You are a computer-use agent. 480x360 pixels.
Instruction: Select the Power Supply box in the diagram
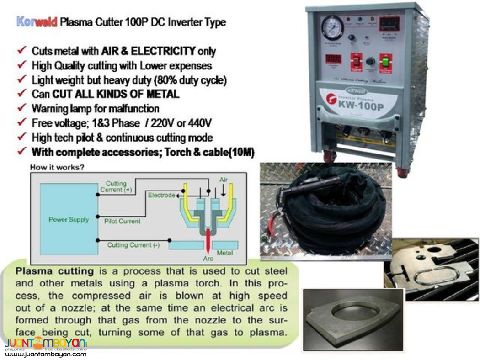69,219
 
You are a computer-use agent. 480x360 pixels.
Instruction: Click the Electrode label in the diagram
161,195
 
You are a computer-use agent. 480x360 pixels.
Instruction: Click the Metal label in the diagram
224,253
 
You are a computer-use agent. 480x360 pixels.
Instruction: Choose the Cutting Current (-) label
133,245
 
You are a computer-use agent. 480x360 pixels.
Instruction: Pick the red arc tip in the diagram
207,240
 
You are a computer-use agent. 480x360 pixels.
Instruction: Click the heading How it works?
57,168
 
